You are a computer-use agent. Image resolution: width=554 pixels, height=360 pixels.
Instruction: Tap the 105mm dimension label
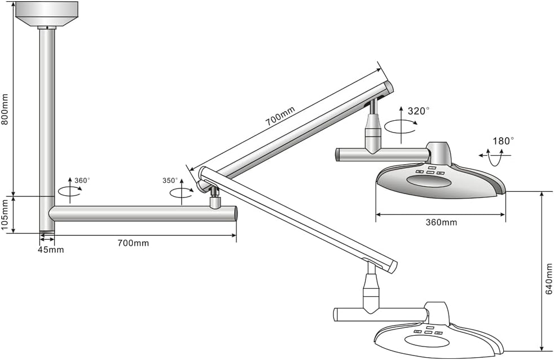6,215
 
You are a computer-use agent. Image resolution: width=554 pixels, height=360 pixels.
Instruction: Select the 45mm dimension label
51,249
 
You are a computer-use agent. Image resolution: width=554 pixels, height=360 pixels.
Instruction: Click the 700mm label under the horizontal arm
133,243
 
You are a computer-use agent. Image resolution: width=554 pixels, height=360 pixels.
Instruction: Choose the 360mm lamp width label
441,222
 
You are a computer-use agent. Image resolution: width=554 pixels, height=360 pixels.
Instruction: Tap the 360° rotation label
82,181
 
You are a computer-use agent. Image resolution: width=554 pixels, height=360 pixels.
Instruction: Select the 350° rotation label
170,181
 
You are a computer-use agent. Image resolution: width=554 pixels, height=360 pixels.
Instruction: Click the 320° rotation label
419,111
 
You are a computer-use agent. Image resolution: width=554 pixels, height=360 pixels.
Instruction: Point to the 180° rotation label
503,141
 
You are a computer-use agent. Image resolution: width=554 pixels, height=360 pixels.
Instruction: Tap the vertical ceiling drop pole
47,113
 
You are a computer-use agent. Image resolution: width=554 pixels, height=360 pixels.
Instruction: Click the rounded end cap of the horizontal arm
234,213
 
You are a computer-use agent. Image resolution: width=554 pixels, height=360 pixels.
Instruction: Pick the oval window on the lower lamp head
427,342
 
